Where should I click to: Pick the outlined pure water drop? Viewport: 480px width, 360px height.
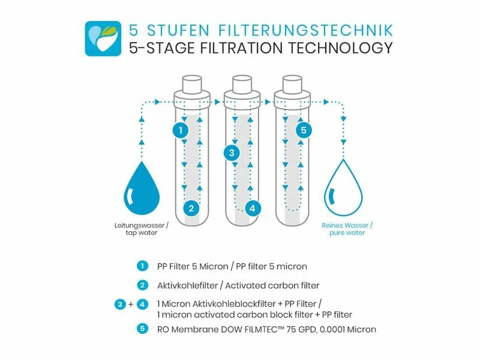tap(343, 190)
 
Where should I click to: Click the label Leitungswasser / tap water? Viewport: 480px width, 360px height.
tap(142, 229)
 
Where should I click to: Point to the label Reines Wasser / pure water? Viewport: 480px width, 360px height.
tap(346, 229)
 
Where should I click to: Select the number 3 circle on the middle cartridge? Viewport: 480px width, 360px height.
tap(231, 152)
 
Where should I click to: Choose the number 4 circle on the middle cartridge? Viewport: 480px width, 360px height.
tap(253, 209)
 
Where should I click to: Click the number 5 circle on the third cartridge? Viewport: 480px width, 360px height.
tap(304, 130)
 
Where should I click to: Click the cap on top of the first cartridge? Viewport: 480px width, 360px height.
tap(191, 83)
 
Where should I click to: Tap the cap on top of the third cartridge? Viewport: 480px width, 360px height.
tap(292, 83)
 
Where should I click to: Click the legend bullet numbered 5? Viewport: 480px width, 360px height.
tap(142, 329)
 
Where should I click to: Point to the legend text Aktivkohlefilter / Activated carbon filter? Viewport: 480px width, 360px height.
tap(238, 285)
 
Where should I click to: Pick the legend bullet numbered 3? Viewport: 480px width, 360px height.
tap(120, 304)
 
